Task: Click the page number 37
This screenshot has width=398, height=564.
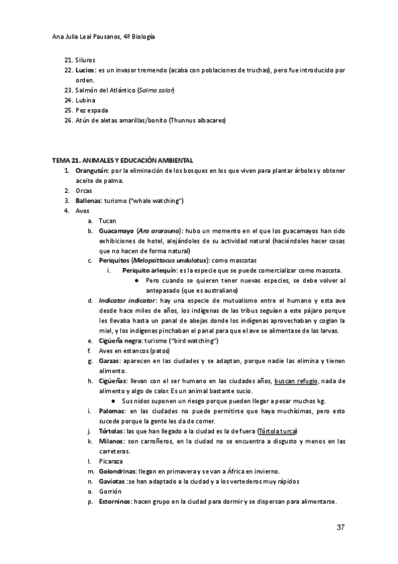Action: pyautogui.click(x=340, y=527)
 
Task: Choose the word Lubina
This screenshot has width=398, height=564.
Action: pyautogui.click(x=86, y=100)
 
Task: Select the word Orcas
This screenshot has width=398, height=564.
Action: pyautogui.click(x=84, y=191)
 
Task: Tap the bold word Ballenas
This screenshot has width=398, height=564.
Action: pyautogui.click(x=90, y=201)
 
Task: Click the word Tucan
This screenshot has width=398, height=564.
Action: pyautogui.click(x=107, y=220)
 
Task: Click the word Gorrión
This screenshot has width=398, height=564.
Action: pyautogui.click(x=110, y=491)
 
